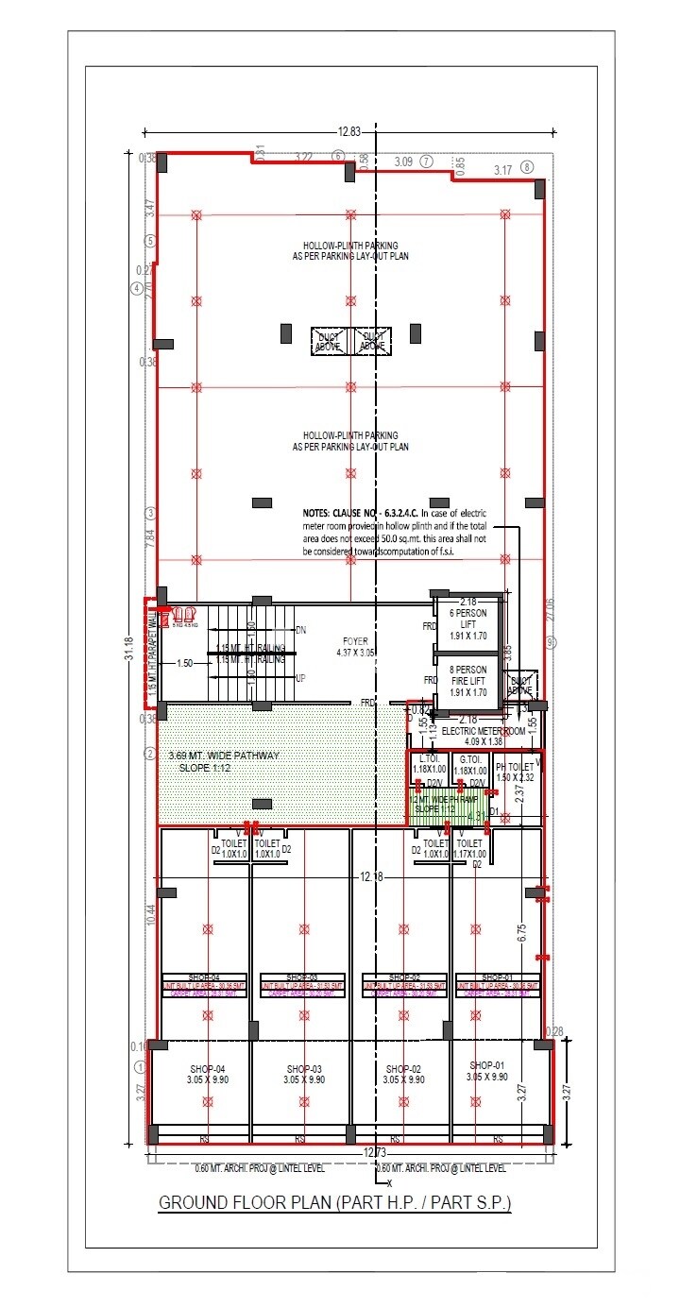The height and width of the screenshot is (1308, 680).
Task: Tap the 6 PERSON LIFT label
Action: [467, 619]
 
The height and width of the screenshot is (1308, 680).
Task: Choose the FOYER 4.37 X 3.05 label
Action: [356, 647]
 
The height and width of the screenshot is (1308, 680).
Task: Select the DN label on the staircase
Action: [300, 630]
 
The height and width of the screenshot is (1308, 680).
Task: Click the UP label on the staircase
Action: [300, 678]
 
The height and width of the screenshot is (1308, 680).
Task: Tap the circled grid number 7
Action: [426, 161]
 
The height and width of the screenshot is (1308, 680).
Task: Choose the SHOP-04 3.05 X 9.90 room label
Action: [202, 1074]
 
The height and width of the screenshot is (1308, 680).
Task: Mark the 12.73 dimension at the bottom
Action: [375, 1151]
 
